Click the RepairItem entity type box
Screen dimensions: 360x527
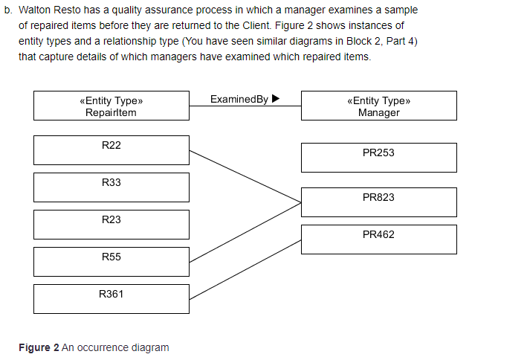point(111,106)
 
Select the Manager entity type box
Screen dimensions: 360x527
point(378,106)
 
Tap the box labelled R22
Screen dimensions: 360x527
point(111,150)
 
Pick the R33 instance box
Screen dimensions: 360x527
point(111,187)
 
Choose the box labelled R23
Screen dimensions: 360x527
point(111,224)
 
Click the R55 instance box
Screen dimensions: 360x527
point(111,261)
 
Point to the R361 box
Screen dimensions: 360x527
point(111,298)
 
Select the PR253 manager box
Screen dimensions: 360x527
point(378,157)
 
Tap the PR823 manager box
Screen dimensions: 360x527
point(378,202)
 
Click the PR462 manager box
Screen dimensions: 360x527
point(378,239)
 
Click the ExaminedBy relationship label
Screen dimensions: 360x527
point(239,99)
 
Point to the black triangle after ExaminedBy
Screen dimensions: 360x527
point(276,99)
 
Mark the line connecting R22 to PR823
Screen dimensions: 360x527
point(245,176)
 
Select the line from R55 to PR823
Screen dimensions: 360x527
point(245,231)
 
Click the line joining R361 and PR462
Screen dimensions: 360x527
point(245,269)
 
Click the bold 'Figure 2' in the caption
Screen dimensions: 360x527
point(39,347)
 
